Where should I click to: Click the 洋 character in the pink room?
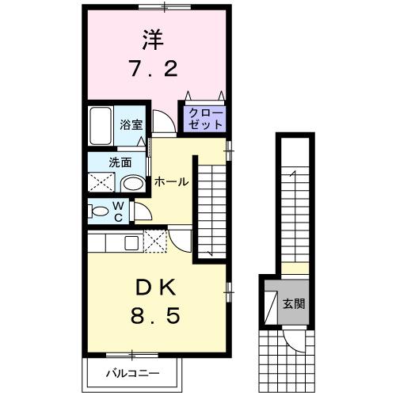click(154, 39)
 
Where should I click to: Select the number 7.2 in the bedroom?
click(154, 70)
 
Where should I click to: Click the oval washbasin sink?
click(134, 184)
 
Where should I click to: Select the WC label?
click(117, 212)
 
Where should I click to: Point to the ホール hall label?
click(170, 181)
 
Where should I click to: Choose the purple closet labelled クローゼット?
click(205, 119)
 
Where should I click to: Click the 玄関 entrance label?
click(294, 303)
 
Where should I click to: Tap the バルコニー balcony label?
click(133, 373)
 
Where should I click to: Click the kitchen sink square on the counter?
click(131, 242)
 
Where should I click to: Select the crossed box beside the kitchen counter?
click(156, 241)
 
